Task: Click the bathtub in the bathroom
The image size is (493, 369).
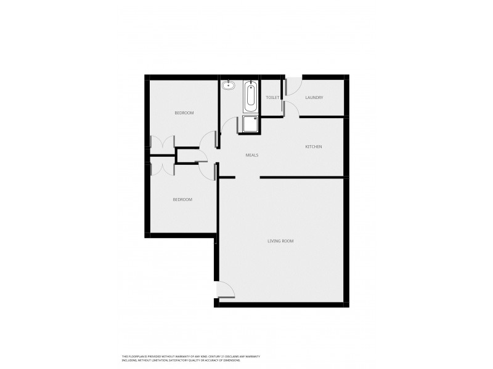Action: (250, 95)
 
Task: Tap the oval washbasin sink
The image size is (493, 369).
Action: (229, 85)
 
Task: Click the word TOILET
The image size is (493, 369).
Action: (272, 98)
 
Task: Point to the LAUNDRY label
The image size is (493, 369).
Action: (314, 98)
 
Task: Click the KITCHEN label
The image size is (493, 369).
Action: (314, 146)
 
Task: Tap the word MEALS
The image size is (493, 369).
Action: (251, 155)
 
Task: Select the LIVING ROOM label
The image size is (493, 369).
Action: (280, 241)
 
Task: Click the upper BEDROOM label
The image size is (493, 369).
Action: (184, 113)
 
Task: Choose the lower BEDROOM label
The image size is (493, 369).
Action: (182, 199)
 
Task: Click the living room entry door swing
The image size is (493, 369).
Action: (226, 290)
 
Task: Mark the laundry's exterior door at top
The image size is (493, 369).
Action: (292, 84)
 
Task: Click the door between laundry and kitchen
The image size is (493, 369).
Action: (291, 108)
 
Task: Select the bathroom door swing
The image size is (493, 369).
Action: (228, 126)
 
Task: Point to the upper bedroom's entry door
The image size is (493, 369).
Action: (210, 139)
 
